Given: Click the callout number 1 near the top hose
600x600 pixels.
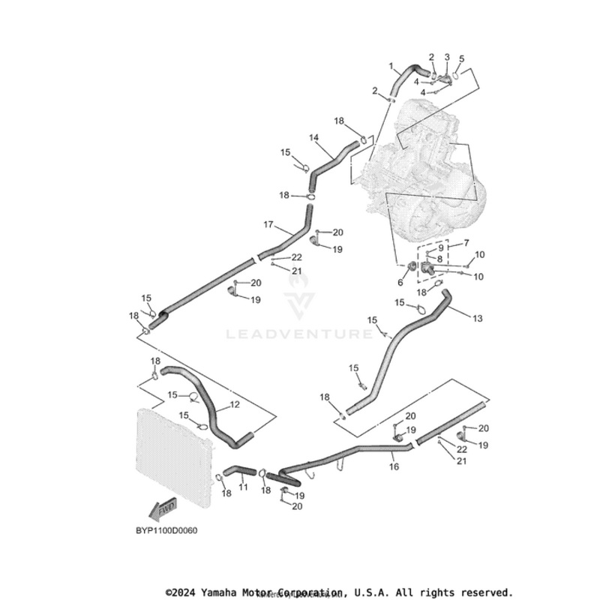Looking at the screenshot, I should pos(391,66).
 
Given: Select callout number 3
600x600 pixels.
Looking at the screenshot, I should pos(447,57).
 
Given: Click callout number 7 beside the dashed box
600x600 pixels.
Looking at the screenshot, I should pos(466,243).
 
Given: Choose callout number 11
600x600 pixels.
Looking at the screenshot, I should pos(242,487).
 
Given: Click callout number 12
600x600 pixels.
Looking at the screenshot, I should pos(235,405).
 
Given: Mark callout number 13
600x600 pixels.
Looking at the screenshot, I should pos(478,318).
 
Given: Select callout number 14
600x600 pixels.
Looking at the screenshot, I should pos(313,137).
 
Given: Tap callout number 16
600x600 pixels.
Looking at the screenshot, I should pos(394,466).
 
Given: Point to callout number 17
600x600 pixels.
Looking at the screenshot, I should pos(268,224).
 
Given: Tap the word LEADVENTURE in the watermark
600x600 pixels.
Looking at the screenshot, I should pos(299,334).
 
